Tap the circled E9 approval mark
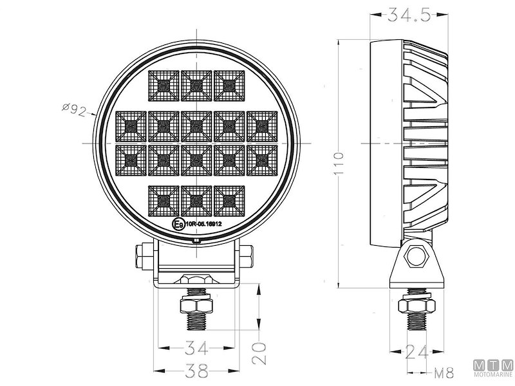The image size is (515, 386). tap(178, 225)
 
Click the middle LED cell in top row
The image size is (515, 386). tap(196, 85)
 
